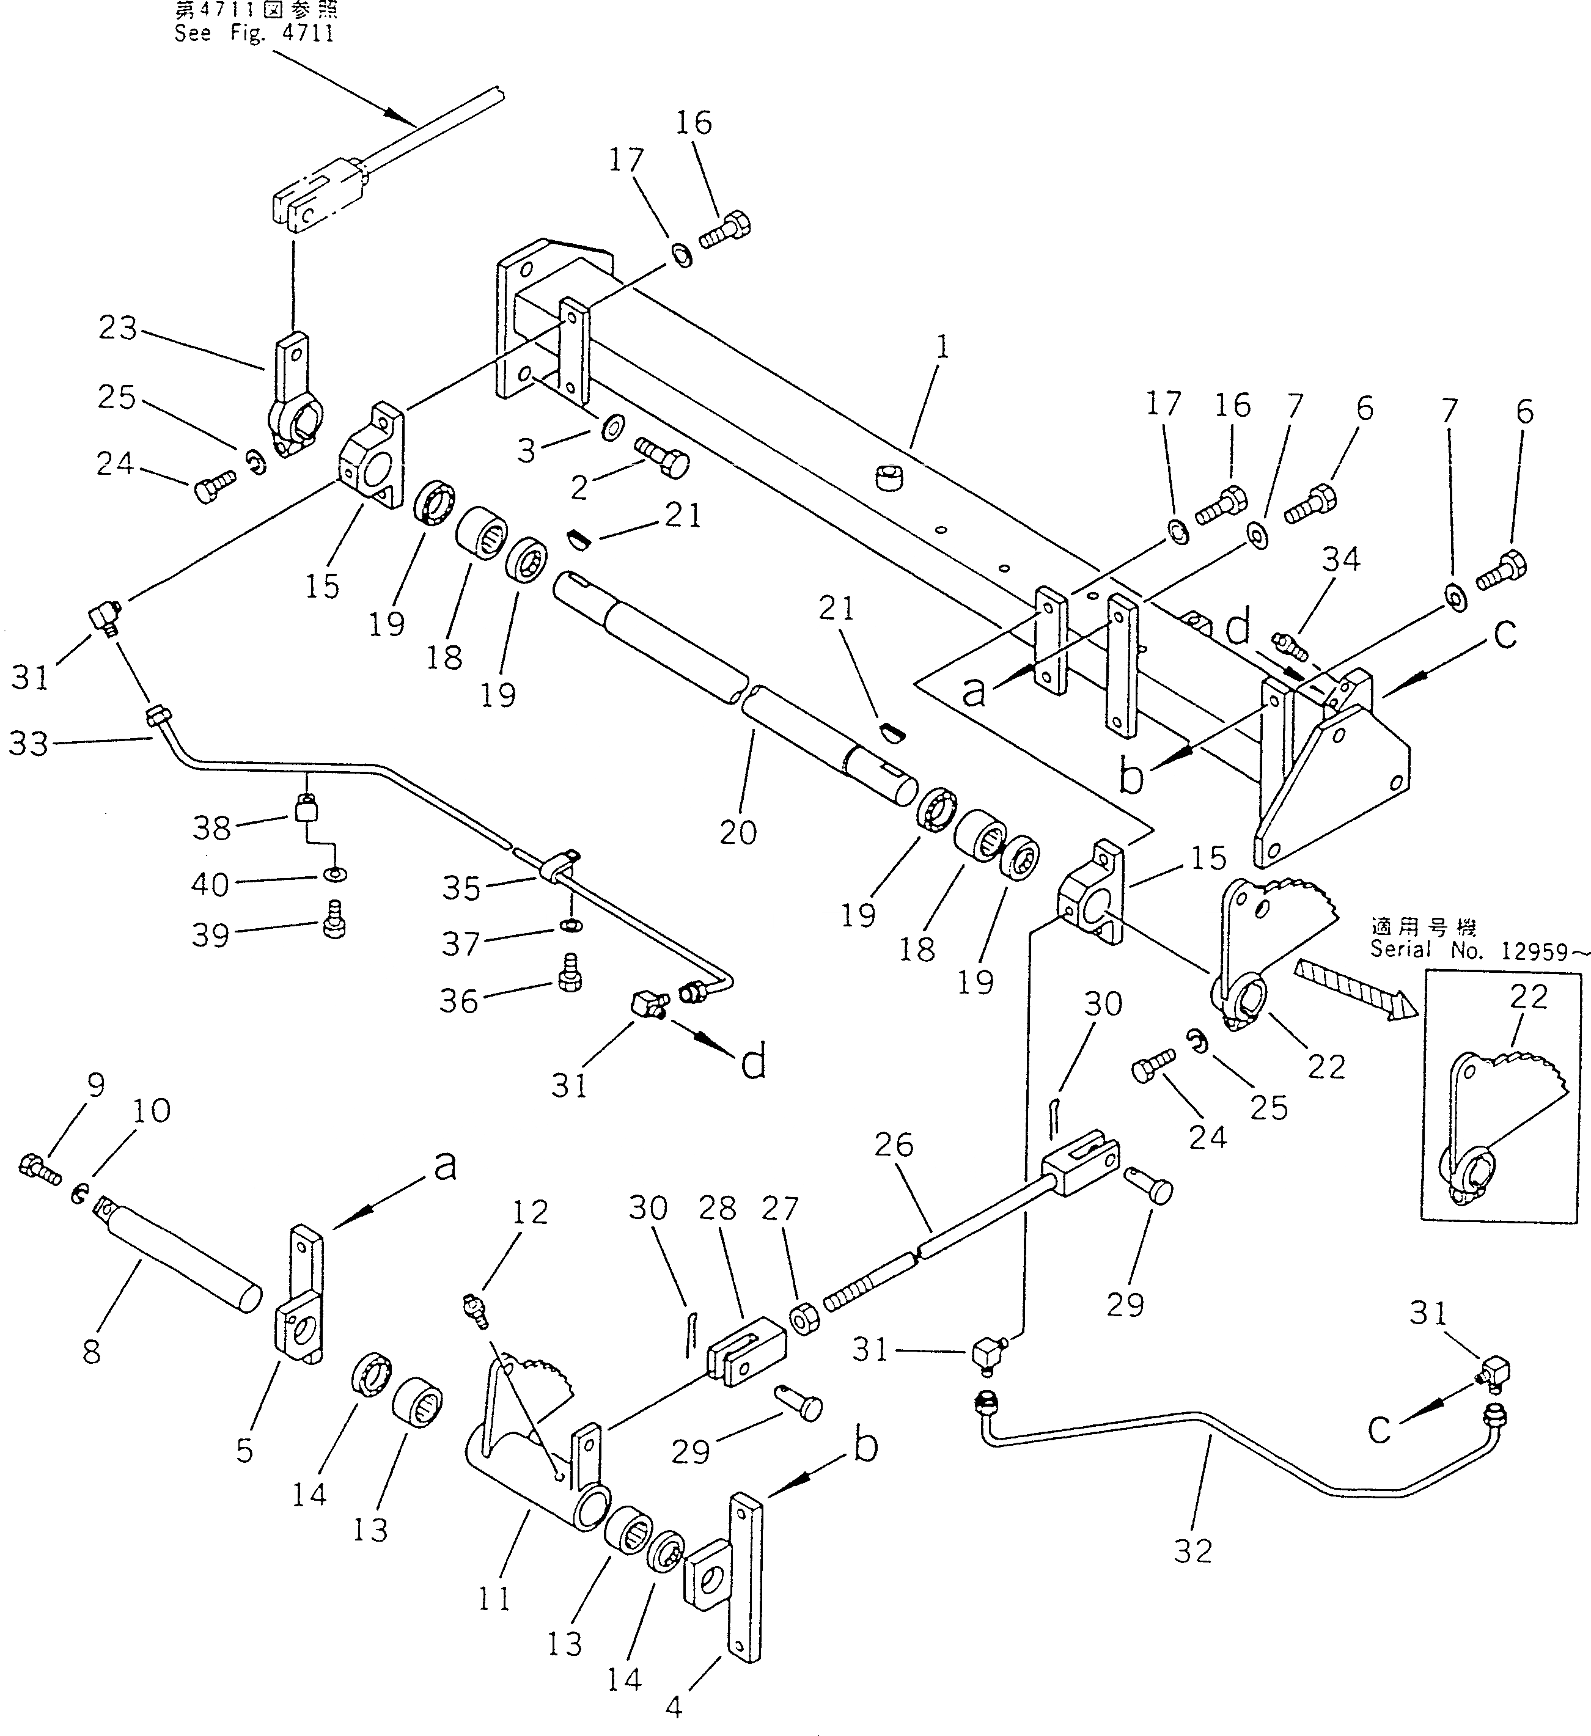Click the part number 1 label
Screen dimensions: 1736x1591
943,348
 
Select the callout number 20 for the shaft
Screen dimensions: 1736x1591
738,832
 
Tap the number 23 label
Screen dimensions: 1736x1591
118,328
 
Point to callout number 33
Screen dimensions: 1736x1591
29,743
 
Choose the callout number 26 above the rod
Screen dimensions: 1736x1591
893,1145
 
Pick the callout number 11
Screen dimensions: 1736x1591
494,1599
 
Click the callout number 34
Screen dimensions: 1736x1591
1341,560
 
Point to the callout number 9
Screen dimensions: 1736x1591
95,1085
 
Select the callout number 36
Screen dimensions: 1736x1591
458,1001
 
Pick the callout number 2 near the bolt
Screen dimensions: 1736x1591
579,488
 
